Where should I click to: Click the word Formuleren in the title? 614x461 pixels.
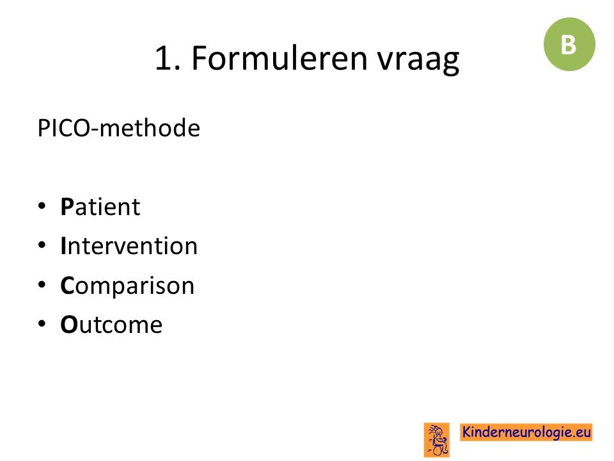point(279,58)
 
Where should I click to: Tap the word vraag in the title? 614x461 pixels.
point(418,61)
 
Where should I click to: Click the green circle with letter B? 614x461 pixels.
point(569,44)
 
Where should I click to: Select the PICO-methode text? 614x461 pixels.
point(119,128)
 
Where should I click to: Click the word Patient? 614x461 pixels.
point(100,207)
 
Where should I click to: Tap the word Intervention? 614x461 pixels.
point(129,246)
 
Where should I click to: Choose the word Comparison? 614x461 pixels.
point(127,286)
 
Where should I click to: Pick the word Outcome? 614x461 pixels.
point(111,325)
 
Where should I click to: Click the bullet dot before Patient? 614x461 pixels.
point(42,206)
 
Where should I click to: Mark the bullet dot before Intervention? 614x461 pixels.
point(42,245)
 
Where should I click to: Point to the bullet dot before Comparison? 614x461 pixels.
point(42,284)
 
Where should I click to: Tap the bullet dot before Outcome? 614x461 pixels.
point(42,324)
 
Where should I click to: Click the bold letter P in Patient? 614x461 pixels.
point(67,207)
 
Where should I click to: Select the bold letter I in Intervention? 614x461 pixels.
point(63,246)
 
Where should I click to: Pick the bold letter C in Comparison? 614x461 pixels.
point(67,286)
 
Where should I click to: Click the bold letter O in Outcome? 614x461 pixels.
point(69,325)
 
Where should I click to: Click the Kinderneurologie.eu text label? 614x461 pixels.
point(526,432)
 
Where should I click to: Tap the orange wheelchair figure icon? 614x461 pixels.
point(437,440)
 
